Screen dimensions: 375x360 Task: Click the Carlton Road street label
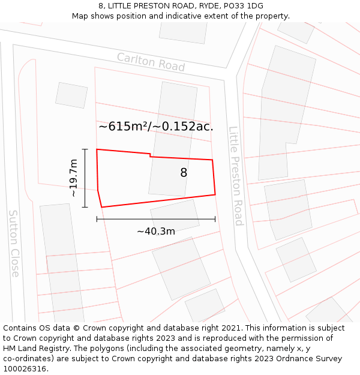coord(151,62)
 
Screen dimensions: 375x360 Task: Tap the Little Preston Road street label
coord(235,175)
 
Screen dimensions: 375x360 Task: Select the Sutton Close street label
coord(14,243)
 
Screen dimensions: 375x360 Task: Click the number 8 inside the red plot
coord(184,173)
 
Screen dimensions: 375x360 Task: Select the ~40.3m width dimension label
coord(155,232)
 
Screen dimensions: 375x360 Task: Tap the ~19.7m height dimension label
coord(73,178)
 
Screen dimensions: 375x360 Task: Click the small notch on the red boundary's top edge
coord(150,155)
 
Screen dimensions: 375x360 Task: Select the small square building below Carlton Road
coord(71,95)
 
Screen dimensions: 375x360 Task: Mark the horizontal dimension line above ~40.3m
coord(155,219)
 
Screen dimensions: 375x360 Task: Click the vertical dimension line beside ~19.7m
coord(85,178)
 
